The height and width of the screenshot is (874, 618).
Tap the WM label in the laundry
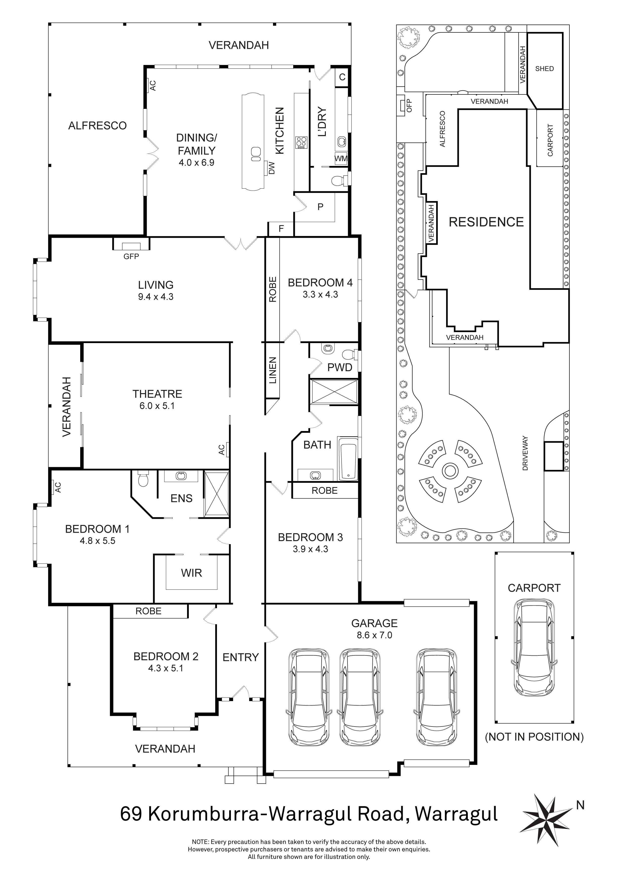341,158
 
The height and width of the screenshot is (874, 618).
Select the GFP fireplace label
131,257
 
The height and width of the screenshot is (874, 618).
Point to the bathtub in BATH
347,459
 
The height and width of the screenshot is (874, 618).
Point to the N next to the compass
580,805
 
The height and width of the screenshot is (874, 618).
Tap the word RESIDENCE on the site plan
486,222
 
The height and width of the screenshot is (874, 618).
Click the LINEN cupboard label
273,370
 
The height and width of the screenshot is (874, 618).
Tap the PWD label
340,367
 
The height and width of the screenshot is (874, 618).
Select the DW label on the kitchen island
271,168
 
